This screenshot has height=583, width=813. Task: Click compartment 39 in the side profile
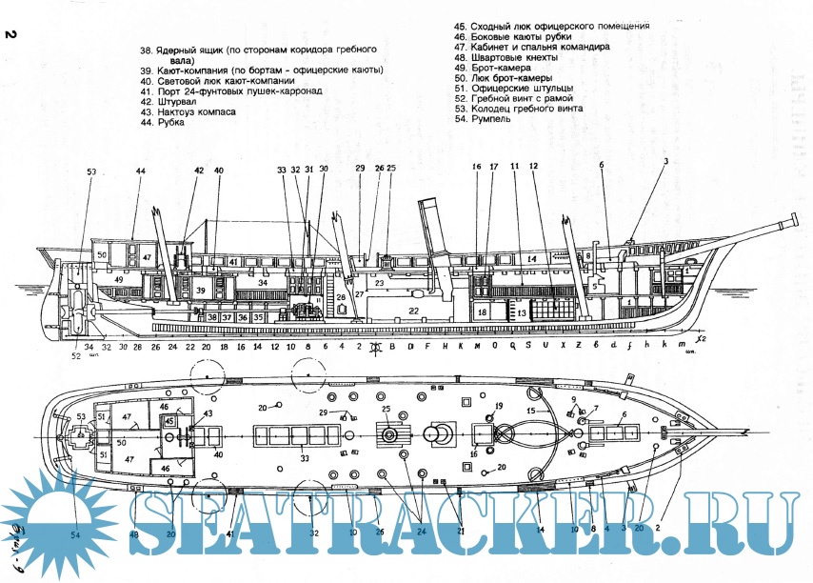pos(201,290)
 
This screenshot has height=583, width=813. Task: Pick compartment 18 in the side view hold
pos(482,312)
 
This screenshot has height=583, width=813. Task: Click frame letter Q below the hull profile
pos(512,347)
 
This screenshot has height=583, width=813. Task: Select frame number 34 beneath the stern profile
pos(89,347)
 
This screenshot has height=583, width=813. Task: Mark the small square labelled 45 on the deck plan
pos(170,420)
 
